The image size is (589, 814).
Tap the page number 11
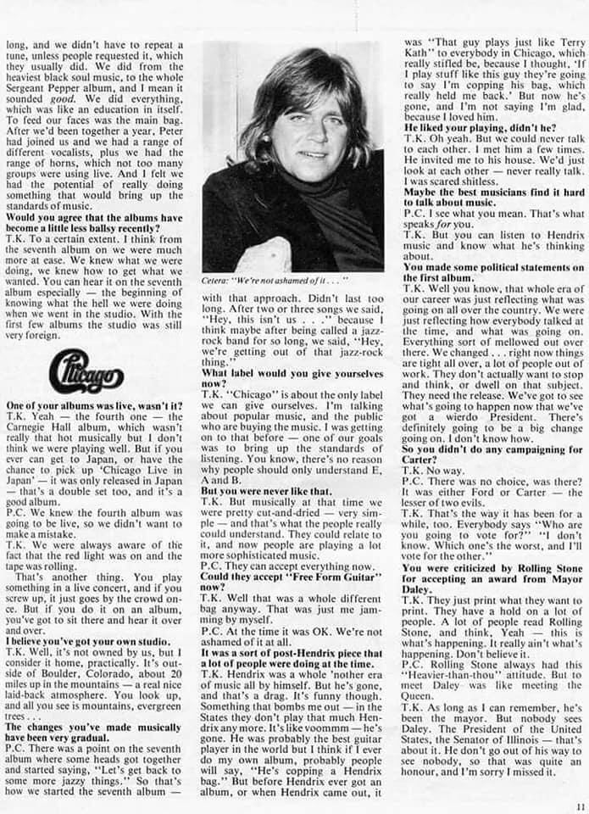click(579, 806)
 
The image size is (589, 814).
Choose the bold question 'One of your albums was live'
click(94, 406)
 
